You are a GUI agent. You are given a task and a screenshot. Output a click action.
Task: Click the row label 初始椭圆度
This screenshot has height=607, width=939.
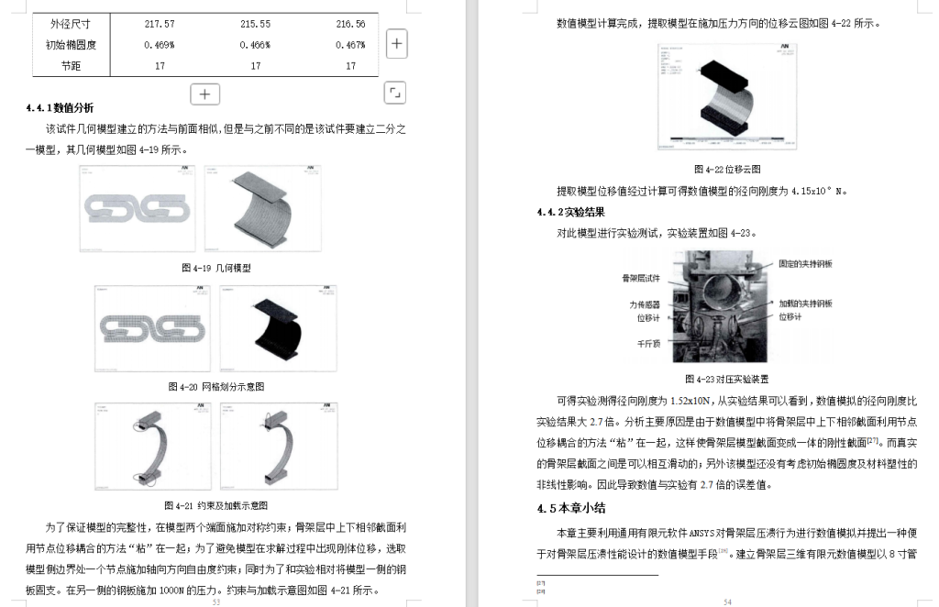coord(72,44)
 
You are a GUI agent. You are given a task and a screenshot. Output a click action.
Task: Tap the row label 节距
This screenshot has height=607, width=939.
coord(72,65)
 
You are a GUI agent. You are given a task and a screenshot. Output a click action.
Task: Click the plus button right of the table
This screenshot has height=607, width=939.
coord(396,43)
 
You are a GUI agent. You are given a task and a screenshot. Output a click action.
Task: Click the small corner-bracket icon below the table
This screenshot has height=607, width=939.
coord(395,92)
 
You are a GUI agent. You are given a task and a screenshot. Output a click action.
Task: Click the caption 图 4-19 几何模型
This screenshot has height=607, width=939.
coord(216,269)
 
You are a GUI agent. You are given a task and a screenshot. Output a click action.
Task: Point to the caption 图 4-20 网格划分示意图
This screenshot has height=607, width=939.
coord(216,387)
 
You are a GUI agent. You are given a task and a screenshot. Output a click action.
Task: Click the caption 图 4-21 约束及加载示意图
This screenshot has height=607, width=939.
coord(216,505)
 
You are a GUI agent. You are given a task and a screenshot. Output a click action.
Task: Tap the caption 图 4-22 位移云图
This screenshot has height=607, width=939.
coord(726,170)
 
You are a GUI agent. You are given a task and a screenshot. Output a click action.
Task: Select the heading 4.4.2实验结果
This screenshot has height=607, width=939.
coord(570,212)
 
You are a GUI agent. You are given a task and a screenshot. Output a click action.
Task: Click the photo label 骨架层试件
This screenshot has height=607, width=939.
coord(641,277)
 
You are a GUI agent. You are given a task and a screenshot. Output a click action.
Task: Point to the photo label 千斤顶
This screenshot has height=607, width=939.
coord(649,344)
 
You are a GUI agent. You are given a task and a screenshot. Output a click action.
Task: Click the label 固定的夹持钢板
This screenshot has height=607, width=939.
coord(806,264)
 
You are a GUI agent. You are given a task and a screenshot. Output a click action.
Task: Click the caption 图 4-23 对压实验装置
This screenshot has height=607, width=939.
coord(726,379)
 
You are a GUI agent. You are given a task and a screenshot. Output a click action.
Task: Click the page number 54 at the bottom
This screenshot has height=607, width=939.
coord(726,602)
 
